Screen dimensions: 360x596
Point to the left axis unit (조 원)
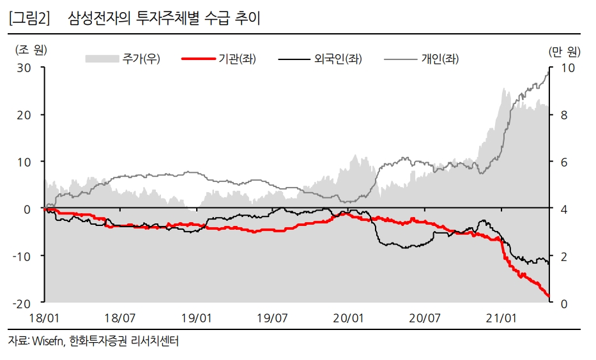31,49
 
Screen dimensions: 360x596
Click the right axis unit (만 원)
564,49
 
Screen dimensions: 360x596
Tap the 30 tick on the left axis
24,67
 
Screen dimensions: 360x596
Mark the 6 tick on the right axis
563,161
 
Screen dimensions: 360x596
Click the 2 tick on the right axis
563,256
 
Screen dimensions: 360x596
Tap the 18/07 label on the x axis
121,317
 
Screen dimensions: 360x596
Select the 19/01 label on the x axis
197,317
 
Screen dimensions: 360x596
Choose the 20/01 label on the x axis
349,317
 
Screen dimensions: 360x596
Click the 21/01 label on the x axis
501,317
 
